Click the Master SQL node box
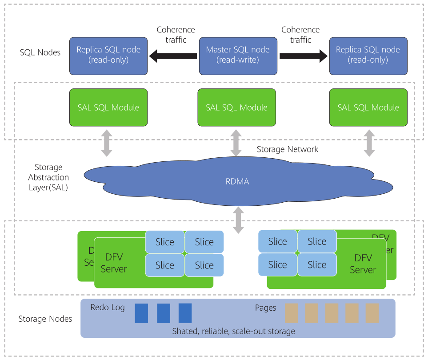pos(237,55)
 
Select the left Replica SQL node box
pos(108,55)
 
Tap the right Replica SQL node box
pos(368,55)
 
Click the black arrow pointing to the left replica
pos(173,56)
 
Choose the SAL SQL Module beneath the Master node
pos(236,108)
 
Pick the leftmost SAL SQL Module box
pos(108,108)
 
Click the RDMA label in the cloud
pos(237,181)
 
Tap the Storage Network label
pos(288,149)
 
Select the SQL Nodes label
pos(40,52)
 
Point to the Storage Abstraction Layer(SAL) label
pos(48,177)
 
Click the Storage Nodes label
pos(45,319)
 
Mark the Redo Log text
pos(108,308)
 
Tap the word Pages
pos(266,308)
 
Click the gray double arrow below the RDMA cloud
pos(239,220)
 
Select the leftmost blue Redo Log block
pos(141,313)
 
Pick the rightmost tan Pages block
pos(372,313)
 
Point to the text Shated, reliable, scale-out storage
pos(234,331)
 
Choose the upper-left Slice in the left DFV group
pos(164,242)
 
